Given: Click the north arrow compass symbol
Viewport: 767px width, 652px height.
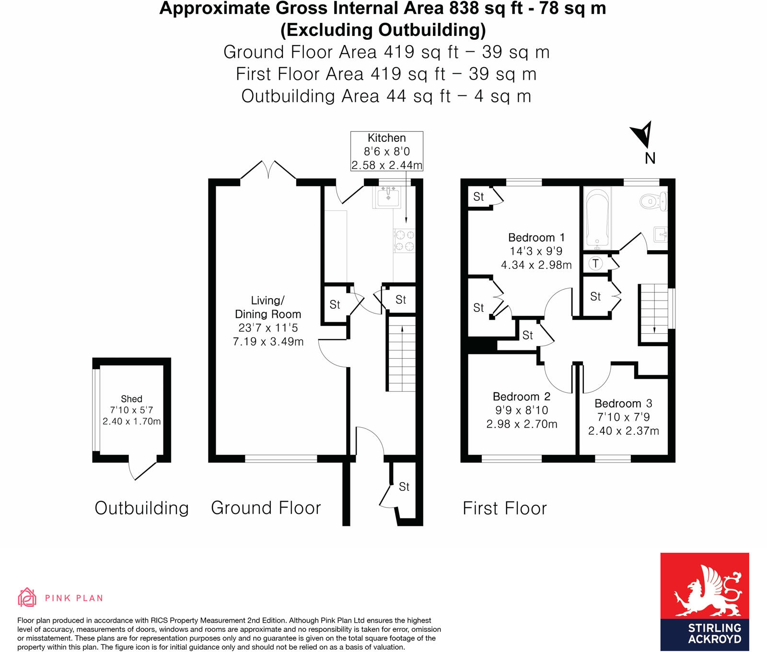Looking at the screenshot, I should click(642, 134).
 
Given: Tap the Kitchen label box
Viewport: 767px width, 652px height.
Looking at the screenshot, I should click(387, 151).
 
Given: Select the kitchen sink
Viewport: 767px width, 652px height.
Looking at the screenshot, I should click(388, 197).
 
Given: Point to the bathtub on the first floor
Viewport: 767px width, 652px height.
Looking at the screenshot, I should click(597, 218).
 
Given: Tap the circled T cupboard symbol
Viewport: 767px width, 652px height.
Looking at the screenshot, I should click(595, 263).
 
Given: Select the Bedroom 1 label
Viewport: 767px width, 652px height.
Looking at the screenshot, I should click(536, 238).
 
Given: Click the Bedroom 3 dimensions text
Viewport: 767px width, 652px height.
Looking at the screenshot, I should click(623, 424).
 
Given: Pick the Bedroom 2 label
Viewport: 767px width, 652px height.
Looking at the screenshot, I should click(521, 397).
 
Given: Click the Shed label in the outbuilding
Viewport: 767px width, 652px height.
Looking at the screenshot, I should click(131, 399).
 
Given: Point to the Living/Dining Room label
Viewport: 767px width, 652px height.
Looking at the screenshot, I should click(267, 307).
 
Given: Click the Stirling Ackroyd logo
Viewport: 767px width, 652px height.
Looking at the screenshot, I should click(704, 601).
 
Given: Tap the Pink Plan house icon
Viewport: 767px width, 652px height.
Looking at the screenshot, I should click(27, 597).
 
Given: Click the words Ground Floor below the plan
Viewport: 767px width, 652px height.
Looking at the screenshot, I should click(266, 508).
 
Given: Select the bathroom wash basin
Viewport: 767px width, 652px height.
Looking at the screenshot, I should click(662, 234).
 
